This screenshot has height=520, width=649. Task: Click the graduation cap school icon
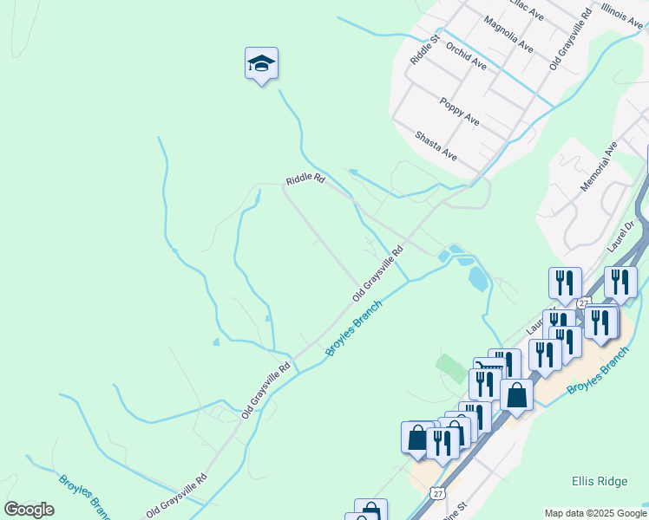pyautogui.click(x=261, y=64)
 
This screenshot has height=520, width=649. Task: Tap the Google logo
pyautogui.click(x=29, y=510)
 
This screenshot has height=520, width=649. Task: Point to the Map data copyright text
pyautogui.click(x=595, y=512)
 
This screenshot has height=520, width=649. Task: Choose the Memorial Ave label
pyautogui.click(x=598, y=167)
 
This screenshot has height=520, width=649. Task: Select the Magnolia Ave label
pyautogui.click(x=508, y=34)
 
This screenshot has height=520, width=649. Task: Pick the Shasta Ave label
pyautogui.click(x=436, y=145)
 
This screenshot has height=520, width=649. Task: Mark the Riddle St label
pyautogui.click(x=420, y=49)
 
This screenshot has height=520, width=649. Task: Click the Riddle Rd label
pyautogui.click(x=305, y=179)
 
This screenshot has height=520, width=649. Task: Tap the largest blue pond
pyautogui.click(x=477, y=278)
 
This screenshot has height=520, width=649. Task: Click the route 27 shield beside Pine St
pyautogui.click(x=437, y=492)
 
